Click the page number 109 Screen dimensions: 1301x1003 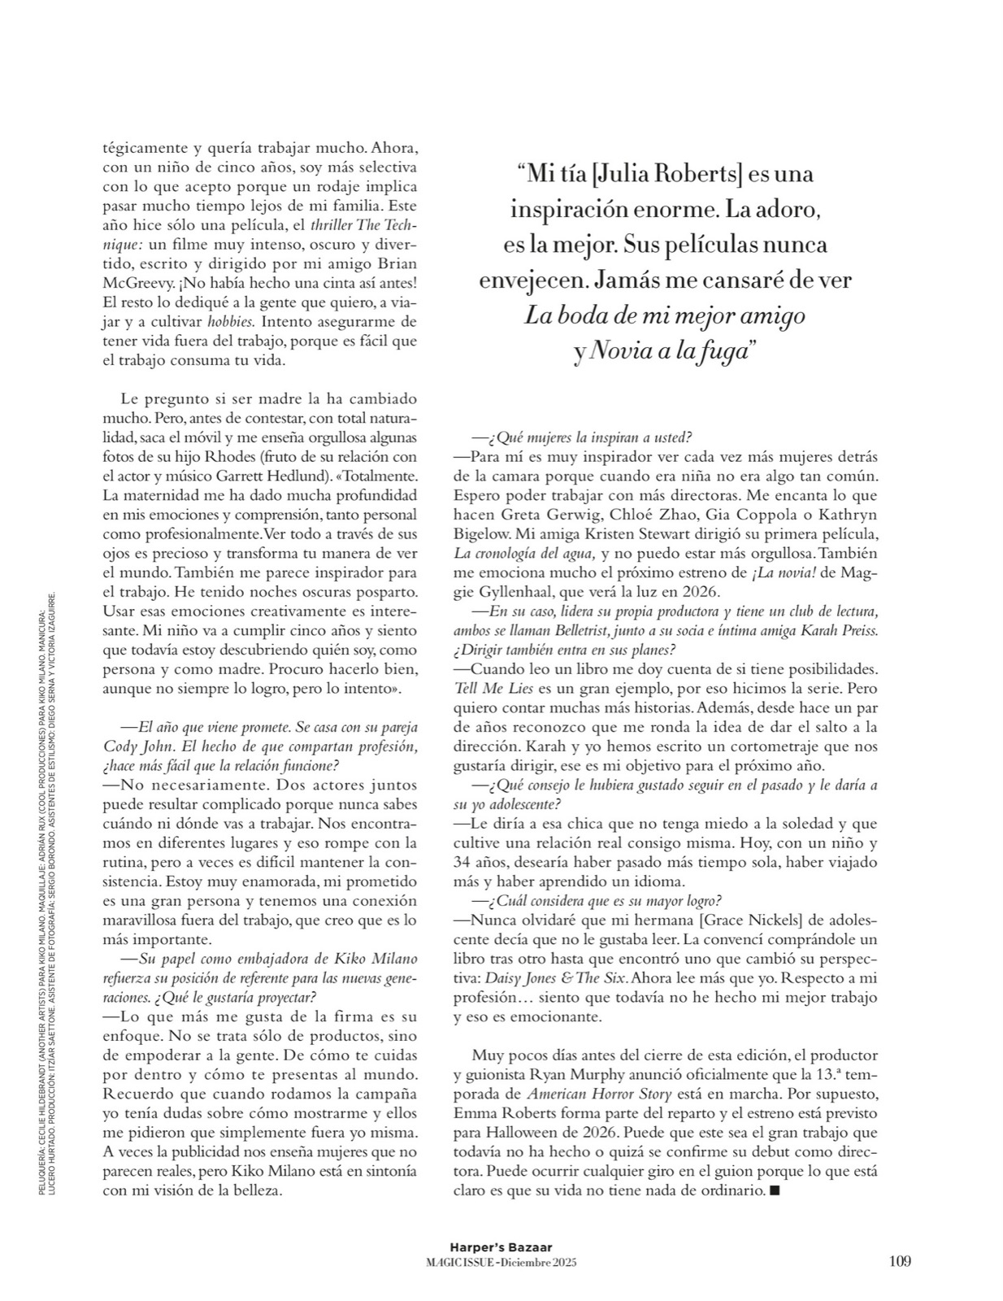point(899,1261)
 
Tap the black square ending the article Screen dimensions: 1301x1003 point(774,1191)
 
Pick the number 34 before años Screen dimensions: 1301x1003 point(465,863)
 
